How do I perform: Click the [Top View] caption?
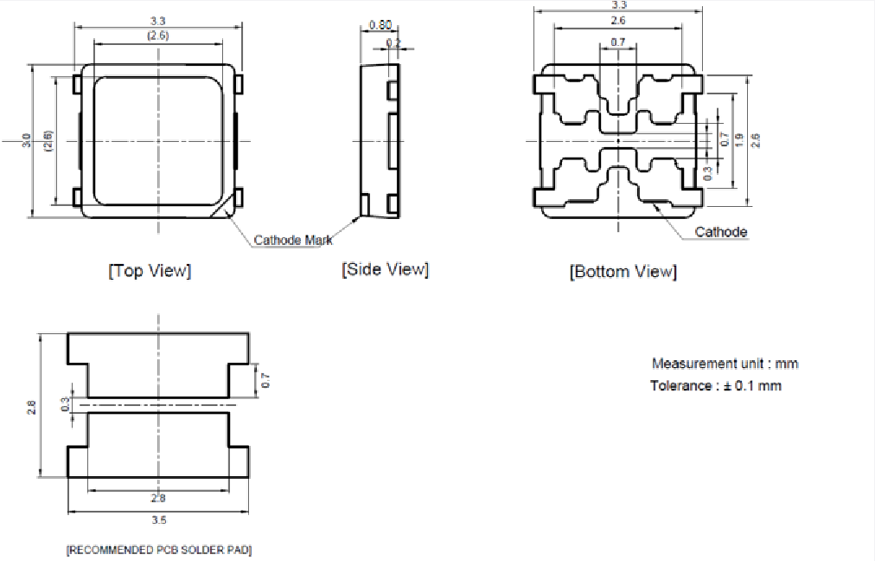point(150,271)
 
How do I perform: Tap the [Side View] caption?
point(385,269)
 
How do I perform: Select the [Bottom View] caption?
point(623,272)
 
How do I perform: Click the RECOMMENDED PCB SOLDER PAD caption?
point(160,550)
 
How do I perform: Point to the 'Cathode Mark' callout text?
point(292,240)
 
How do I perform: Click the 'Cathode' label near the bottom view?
point(721,232)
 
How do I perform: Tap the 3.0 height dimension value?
point(27,140)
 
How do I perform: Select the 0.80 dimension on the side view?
point(379,25)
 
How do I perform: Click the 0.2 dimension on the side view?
point(393,42)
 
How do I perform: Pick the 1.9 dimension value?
point(738,139)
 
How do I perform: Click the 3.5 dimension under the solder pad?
point(158,519)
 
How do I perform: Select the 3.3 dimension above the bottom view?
point(619,5)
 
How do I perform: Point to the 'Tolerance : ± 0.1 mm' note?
point(715,385)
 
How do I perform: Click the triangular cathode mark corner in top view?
point(227,204)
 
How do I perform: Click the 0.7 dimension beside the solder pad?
point(265,379)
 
